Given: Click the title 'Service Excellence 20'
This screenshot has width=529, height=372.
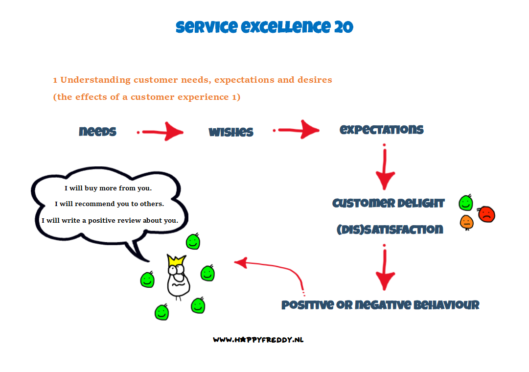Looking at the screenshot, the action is pos(264,27).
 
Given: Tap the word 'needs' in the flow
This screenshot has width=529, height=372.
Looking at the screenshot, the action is pos(97,131).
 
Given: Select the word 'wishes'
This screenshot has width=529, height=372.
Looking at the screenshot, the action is pos(231,132).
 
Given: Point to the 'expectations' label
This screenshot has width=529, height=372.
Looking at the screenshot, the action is pos(381,130).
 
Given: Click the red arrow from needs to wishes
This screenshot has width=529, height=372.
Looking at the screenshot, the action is pos(160,132).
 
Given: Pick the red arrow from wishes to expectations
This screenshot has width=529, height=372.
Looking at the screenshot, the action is pos(296,130).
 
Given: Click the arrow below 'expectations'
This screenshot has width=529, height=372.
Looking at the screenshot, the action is pos(385,167).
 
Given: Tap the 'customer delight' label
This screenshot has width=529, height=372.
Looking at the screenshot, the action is pos(389,203).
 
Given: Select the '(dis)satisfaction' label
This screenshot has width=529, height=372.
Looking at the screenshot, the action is pos(390,230).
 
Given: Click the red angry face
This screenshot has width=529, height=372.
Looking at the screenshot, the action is pos(486,214).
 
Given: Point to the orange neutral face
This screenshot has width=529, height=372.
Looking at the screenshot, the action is pos(466,222).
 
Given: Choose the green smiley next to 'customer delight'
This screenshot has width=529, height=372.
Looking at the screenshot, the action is pos(466,203).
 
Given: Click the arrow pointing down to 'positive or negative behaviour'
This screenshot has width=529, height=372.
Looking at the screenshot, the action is pos(385,267).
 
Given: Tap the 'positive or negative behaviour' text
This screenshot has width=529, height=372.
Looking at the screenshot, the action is pos(380,305).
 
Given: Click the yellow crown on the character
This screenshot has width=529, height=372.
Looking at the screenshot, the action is pos(177,260).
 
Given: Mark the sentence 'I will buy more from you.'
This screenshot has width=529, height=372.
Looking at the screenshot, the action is pos(108,188).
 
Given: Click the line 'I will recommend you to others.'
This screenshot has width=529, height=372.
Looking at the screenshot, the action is pos(109,204).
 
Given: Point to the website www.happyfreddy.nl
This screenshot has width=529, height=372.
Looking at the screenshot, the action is pos(258,340).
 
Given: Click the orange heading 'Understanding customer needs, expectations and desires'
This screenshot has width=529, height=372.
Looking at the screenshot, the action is pos(193,80).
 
